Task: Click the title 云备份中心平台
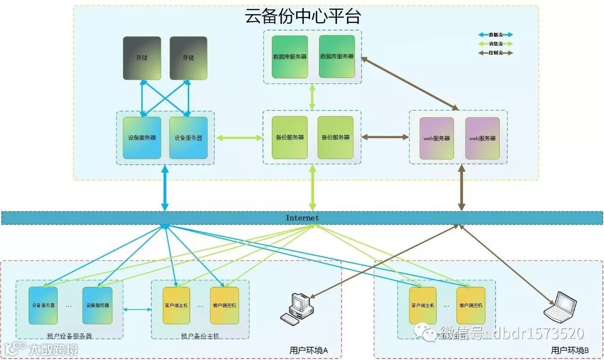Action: tap(303, 17)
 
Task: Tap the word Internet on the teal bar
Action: tap(302, 218)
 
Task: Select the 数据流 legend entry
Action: tap(495, 35)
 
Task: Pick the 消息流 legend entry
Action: tap(495, 44)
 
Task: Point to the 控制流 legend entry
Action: tap(495, 53)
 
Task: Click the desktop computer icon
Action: tap(297, 308)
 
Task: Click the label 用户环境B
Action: tap(570, 351)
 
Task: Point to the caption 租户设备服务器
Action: tap(69, 336)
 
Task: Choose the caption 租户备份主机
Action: tap(200, 336)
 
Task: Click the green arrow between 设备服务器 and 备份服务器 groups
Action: tap(239, 138)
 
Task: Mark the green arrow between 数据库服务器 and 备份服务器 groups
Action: tap(312, 97)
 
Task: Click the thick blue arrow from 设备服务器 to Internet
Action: tap(165, 188)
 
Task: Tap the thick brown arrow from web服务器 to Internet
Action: tap(461, 188)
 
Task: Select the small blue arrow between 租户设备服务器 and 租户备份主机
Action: tap(137, 310)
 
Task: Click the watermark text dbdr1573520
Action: tap(538, 334)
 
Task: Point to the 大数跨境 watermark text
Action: tap(52, 350)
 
